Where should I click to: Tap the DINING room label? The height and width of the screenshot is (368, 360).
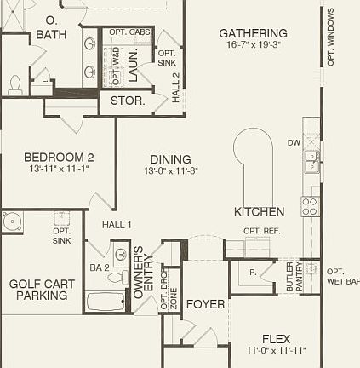click(x=170, y=159)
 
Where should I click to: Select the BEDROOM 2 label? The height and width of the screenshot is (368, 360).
click(x=59, y=158)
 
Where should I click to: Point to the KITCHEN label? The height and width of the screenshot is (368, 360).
click(x=260, y=211)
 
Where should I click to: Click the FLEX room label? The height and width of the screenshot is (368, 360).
click(x=276, y=339)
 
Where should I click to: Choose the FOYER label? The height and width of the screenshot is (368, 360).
click(x=205, y=304)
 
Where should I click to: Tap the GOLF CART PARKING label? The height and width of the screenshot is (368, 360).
click(x=42, y=290)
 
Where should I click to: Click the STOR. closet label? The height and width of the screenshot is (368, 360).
click(x=128, y=101)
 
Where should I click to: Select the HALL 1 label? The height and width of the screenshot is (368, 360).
click(x=117, y=225)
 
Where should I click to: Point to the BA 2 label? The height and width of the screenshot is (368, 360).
click(x=100, y=267)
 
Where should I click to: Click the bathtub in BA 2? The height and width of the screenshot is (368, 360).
click(x=106, y=302)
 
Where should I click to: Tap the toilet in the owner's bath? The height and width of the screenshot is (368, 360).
click(x=15, y=83)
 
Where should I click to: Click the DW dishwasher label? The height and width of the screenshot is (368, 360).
click(x=294, y=143)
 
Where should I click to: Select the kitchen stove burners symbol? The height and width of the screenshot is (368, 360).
click(x=311, y=205)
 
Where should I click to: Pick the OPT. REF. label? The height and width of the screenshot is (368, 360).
click(x=262, y=231)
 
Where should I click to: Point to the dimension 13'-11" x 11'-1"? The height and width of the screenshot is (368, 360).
click(x=59, y=169)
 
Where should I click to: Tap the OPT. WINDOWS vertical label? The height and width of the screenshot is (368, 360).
click(x=331, y=37)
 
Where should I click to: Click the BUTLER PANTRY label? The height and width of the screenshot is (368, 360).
click(x=294, y=277)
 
